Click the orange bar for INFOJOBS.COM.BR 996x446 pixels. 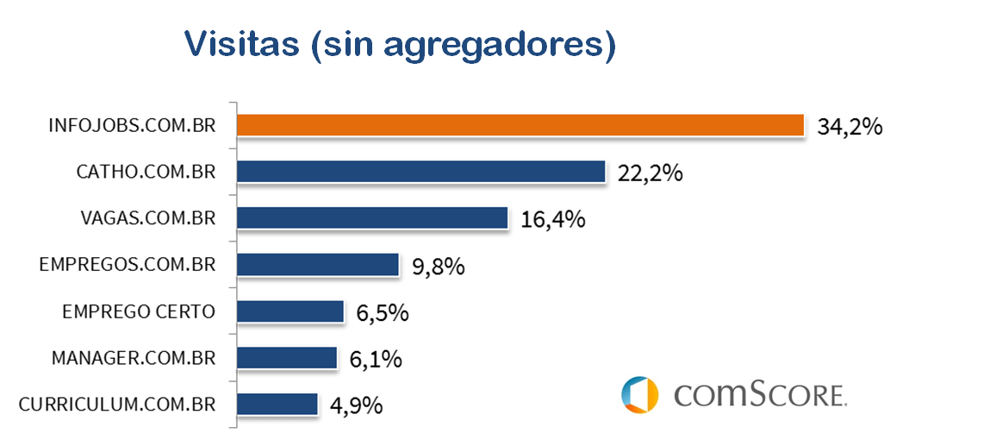point(520,125)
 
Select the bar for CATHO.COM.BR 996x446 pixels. point(420,172)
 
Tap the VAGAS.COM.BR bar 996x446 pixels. point(371,217)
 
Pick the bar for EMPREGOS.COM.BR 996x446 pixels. point(317,264)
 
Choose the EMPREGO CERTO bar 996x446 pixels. point(289,311)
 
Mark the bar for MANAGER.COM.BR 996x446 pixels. point(286,357)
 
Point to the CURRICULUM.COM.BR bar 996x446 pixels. point(277,404)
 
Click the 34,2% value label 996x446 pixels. point(850,127)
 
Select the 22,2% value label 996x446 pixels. point(651,173)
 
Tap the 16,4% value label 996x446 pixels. point(552,220)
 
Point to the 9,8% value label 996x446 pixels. point(439,267)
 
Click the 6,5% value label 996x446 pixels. point(382,313)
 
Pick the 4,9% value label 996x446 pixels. point(356,405)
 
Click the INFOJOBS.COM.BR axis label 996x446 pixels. point(132,126)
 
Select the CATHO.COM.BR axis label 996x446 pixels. point(146,172)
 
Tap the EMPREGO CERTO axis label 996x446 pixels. point(139,311)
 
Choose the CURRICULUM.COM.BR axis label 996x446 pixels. point(116,404)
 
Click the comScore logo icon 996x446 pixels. point(639,394)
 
